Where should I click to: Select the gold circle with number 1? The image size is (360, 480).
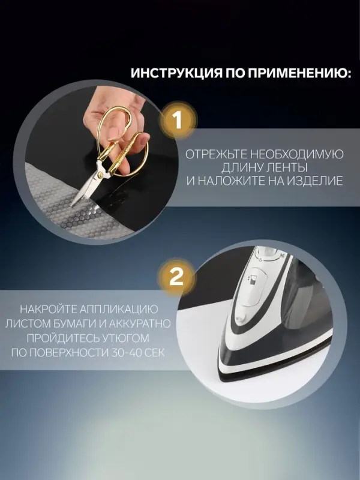click(x=176, y=120)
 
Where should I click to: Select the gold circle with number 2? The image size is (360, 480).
click(x=176, y=277)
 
